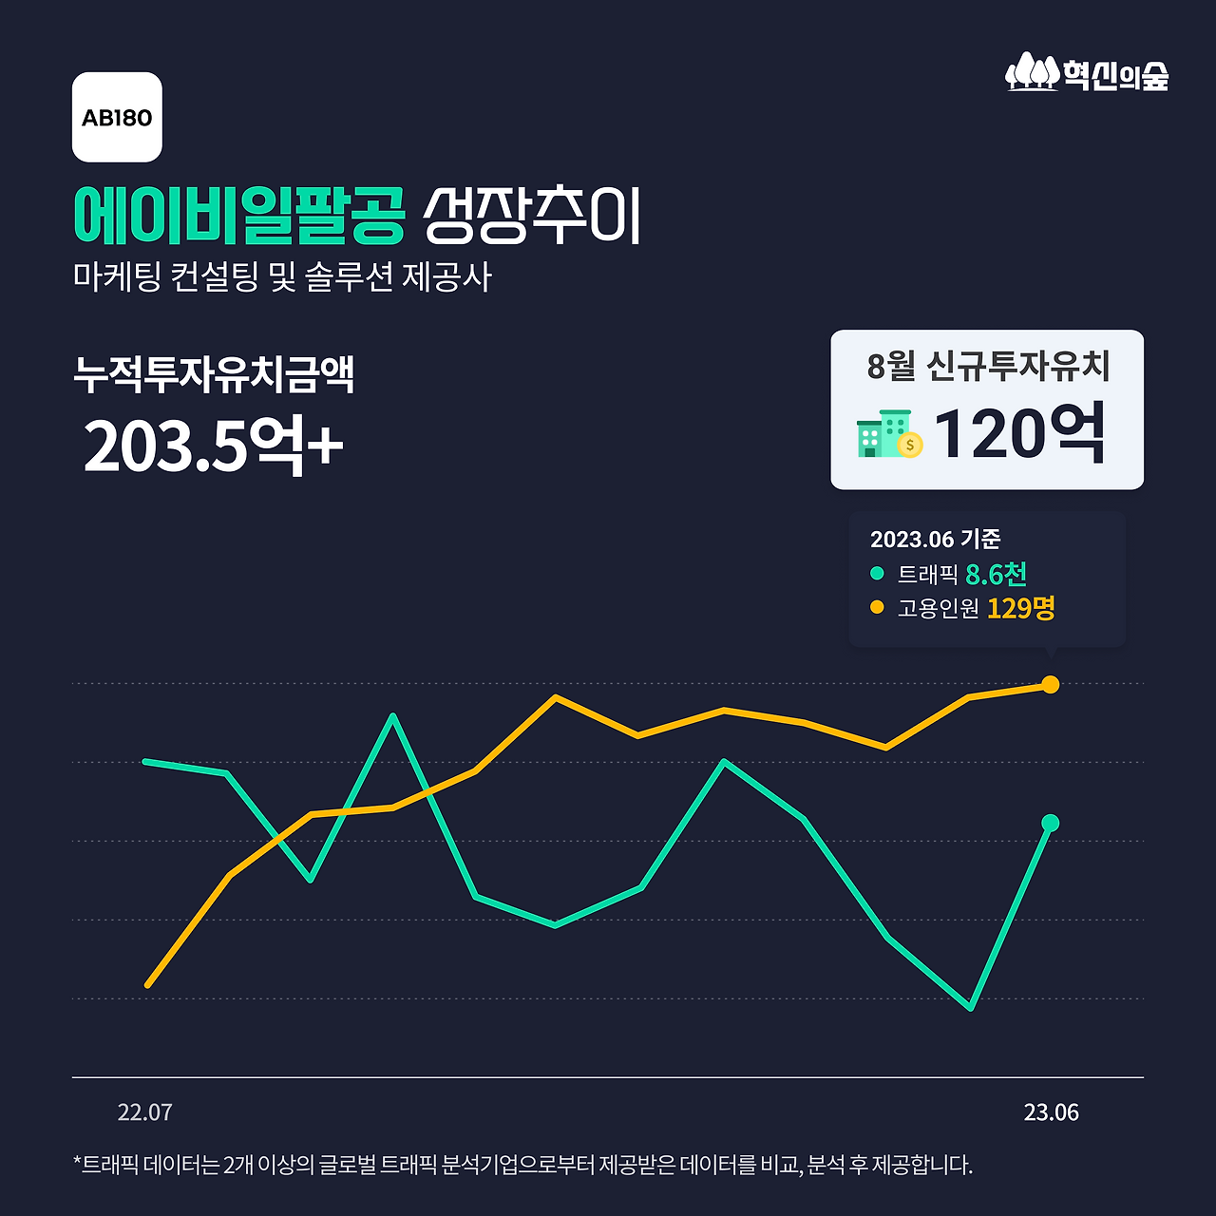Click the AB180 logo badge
coord(117,117)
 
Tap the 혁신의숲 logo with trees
coord(1087,73)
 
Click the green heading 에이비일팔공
coord(239,215)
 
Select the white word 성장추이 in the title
coord(532,215)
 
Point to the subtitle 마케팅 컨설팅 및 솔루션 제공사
coord(282,276)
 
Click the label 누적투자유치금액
coord(214,374)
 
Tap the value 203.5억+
coord(213,445)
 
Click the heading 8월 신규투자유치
coord(988,366)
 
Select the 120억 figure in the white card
coord(1019,433)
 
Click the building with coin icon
coord(889,435)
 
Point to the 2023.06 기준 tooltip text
coord(935,540)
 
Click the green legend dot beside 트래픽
coord(877,574)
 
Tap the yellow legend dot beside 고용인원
coord(877,607)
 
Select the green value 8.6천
coord(996,574)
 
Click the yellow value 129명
coord(1020,608)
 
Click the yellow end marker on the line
coord(1050,684)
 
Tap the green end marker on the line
coord(1050,823)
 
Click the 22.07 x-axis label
coord(144,1112)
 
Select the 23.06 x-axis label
coord(1051,1112)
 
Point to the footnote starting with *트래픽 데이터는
coord(522,1165)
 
